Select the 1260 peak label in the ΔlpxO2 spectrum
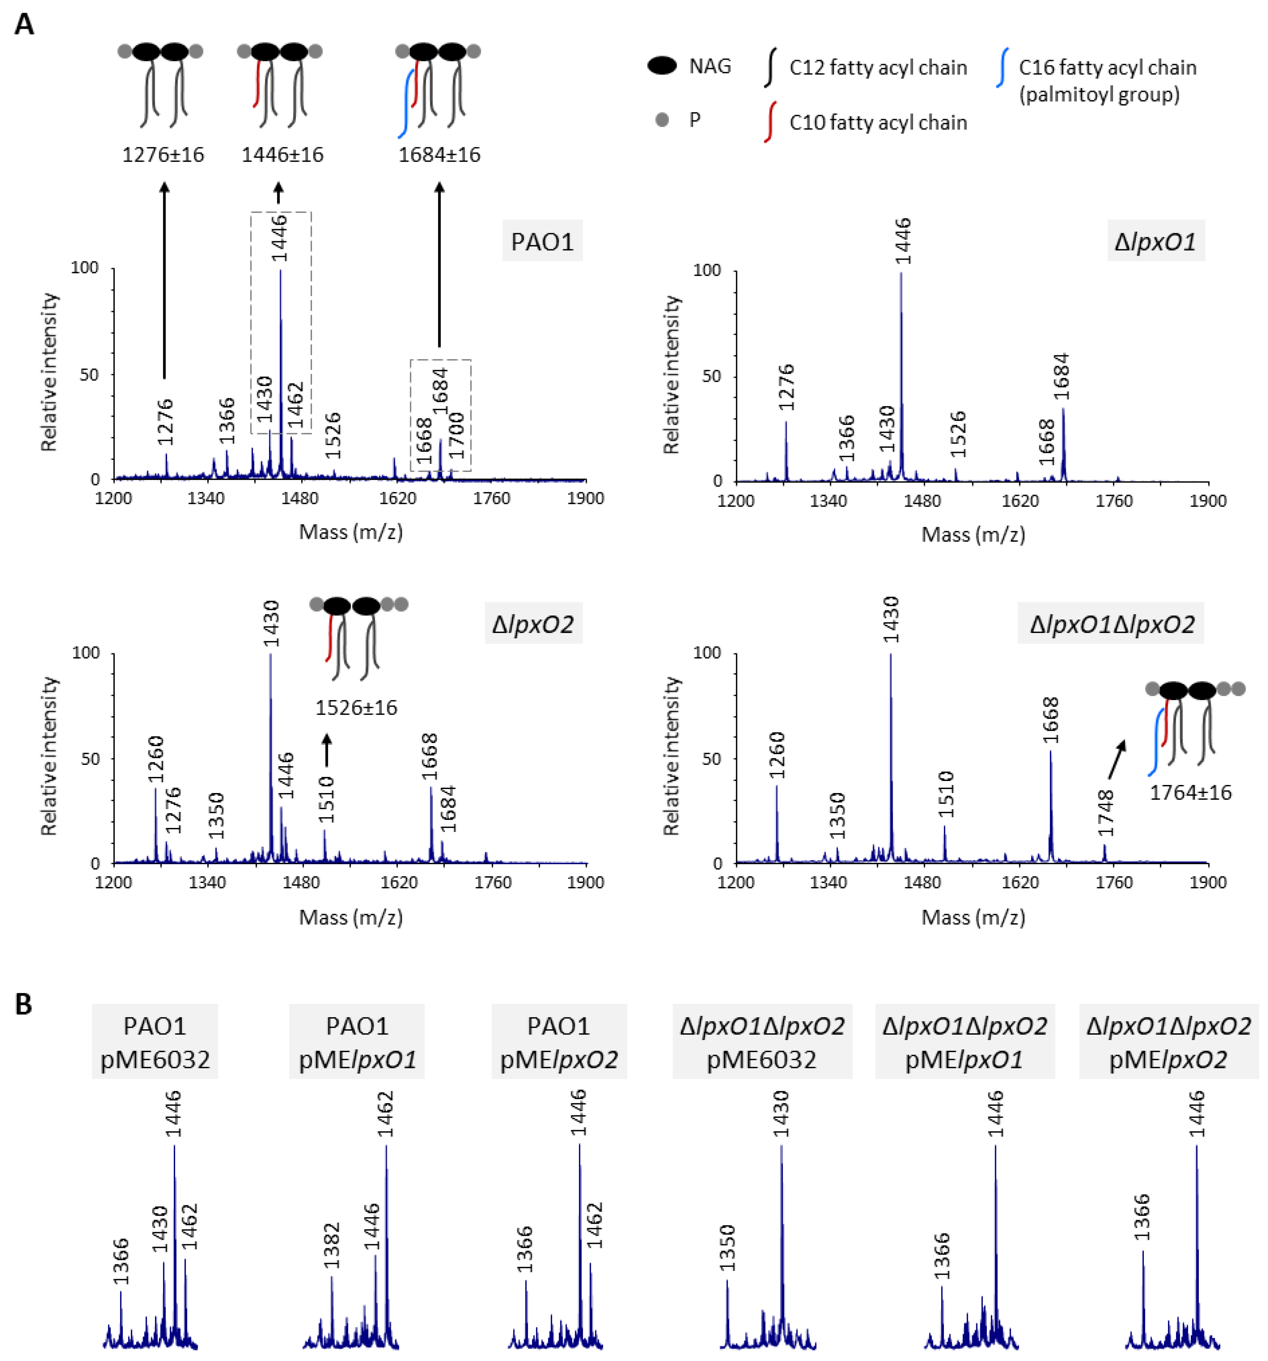pos(156,758)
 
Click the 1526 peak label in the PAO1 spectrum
pos(333,435)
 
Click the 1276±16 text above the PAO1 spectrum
pos(163,155)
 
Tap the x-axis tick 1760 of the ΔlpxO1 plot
pos(1114,501)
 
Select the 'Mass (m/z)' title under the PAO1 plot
pos(350,531)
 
